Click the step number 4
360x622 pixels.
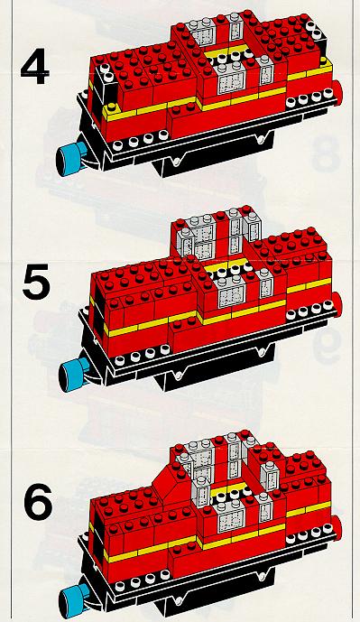[35, 69]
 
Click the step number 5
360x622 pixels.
[37, 282]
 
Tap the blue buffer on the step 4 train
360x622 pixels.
[70, 158]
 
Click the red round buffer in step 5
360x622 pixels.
[337, 303]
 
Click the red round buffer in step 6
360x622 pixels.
[337, 525]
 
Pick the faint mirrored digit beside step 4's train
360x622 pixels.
[326, 153]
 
